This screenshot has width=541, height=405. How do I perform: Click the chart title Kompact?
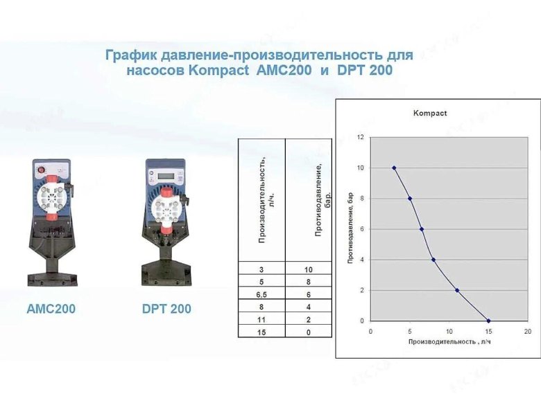(x=430, y=113)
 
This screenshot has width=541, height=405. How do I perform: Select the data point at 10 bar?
(x=394, y=168)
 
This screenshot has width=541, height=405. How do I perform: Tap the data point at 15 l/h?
(x=489, y=321)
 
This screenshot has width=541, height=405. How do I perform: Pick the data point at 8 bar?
(x=410, y=198)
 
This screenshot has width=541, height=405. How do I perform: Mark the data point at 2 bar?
(x=457, y=290)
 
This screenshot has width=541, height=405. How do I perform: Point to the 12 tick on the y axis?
(x=360, y=137)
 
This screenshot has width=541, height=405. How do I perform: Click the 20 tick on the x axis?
(x=528, y=332)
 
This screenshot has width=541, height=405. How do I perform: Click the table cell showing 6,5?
(x=261, y=294)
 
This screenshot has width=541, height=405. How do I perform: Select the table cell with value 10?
(x=309, y=269)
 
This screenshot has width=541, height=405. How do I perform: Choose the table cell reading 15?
(x=261, y=332)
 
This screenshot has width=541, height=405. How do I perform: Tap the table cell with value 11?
(x=261, y=319)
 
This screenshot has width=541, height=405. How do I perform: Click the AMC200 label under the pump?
(x=51, y=309)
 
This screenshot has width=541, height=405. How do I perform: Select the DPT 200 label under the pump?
(x=166, y=309)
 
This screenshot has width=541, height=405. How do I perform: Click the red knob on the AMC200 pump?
(x=40, y=169)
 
